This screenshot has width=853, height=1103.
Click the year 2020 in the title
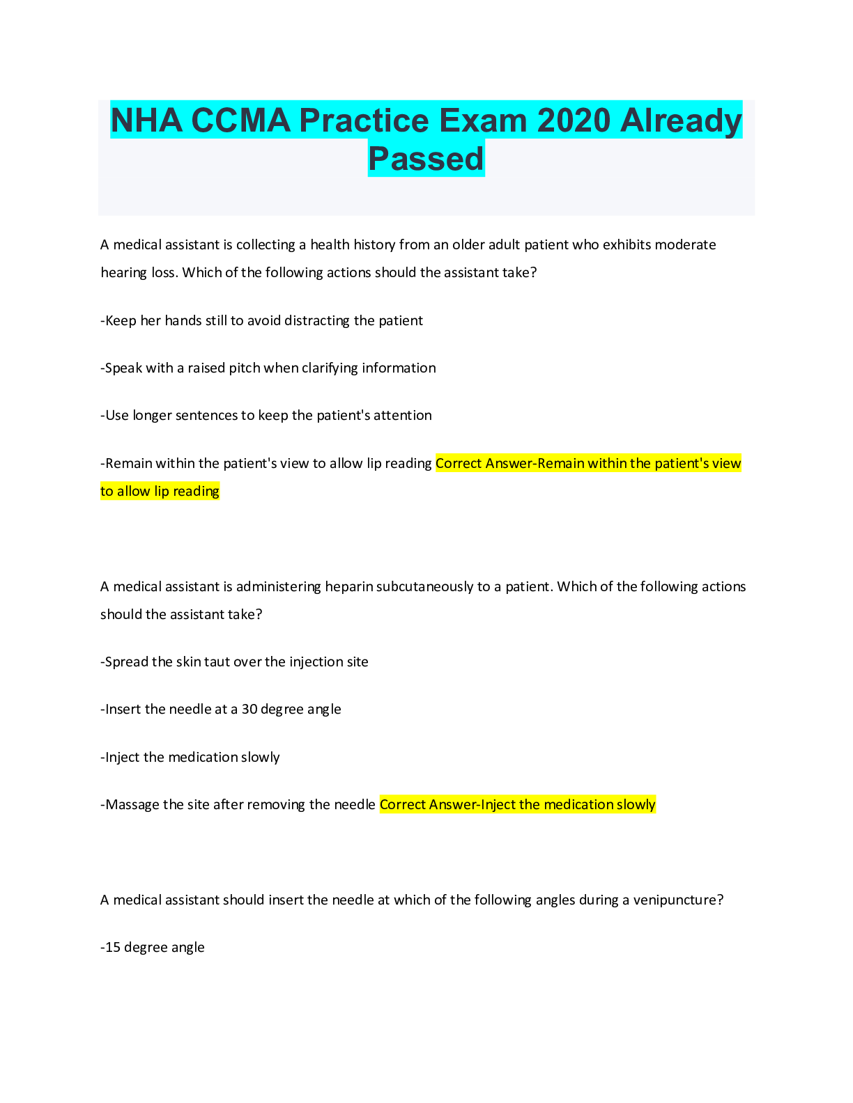click(x=574, y=120)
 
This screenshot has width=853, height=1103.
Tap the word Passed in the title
click(x=426, y=159)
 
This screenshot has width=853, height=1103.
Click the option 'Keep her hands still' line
click(x=262, y=321)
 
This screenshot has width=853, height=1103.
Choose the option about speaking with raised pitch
click(x=268, y=368)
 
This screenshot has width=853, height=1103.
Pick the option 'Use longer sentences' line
click(x=266, y=416)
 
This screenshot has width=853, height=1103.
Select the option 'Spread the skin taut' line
click(x=234, y=662)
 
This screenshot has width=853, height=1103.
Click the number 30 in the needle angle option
click(x=249, y=710)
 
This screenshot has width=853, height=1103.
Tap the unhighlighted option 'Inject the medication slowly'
click(x=190, y=758)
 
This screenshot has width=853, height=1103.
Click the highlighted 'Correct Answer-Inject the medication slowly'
click(x=517, y=805)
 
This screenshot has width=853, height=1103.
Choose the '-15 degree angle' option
click(x=153, y=948)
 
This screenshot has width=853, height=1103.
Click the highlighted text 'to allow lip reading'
click(x=160, y=492)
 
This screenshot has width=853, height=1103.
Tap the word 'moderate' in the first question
click(x=686, y=245)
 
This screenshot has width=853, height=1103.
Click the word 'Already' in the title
click(x=681, y=120)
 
